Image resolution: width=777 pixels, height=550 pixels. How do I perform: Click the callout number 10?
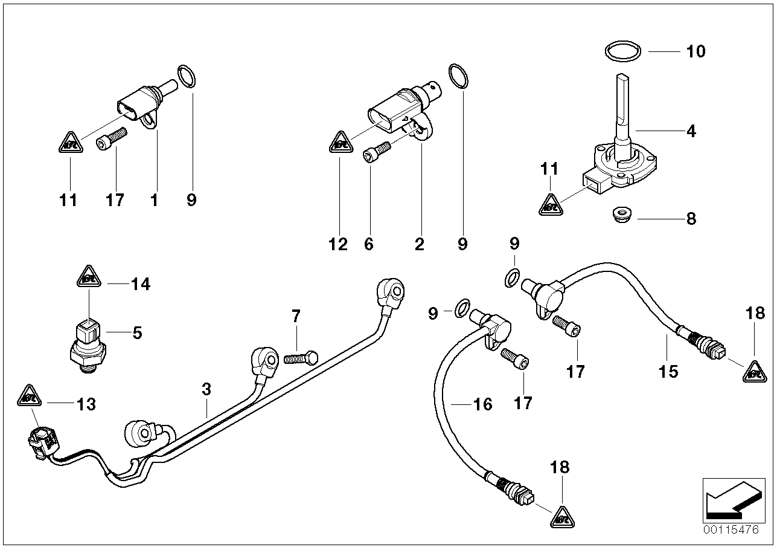tap(695, 51)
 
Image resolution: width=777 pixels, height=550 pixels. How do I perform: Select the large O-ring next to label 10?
tap(622, 51)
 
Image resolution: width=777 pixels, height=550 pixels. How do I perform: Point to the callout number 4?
tap(691, 131)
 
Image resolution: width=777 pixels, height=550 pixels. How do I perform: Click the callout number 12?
tap(338, 244)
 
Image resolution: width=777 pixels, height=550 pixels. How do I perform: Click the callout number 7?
tap(295, 316)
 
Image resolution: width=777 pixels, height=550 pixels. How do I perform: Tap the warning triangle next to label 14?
tap(89, 277)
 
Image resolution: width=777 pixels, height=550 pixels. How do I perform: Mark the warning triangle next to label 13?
tap(28, 396)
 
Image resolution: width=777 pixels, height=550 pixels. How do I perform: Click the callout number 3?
tap(206, 390)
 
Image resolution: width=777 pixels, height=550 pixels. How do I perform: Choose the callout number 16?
tap(483, 404)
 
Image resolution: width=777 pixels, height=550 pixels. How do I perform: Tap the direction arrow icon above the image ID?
tap(729, 497)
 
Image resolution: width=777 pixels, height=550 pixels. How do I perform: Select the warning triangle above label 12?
tap(340, 143)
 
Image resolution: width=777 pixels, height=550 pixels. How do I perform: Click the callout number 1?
tap(155, 200)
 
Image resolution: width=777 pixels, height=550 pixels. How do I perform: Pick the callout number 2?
tap(419, 244)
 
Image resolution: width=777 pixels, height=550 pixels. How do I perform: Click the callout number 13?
tap(86, 404)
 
